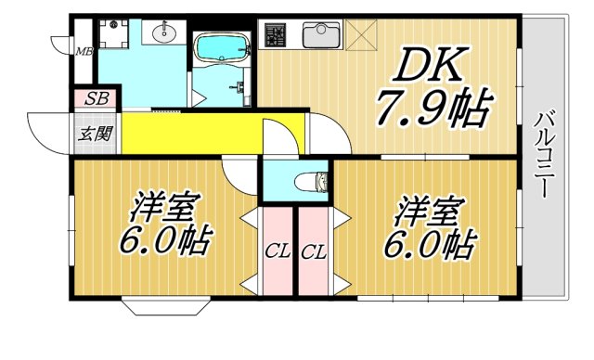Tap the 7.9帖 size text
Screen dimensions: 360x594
(x=433, y=110)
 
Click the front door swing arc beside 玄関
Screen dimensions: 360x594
(x=46, y=125)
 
